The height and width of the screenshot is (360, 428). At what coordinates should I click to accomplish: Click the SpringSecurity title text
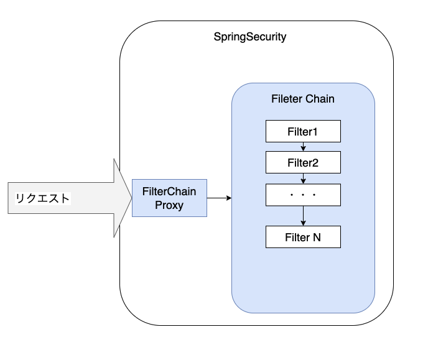250,37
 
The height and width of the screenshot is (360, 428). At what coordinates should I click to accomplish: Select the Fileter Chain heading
303,99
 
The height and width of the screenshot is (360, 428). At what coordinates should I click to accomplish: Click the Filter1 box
303,131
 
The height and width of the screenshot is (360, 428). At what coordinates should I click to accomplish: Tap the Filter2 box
303,163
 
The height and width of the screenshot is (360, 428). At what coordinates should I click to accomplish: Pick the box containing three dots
303,195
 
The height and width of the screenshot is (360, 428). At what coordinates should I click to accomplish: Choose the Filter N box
303,237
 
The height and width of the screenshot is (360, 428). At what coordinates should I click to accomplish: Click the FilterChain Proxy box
169,198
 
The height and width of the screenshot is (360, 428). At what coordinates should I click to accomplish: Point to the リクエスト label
42,198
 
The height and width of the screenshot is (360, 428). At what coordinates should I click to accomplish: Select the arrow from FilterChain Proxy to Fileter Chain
219,198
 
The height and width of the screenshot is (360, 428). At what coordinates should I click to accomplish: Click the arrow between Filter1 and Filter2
303,147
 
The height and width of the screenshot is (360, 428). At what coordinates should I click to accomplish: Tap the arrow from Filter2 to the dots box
303,178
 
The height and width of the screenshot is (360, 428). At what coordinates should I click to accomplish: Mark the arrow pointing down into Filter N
303,216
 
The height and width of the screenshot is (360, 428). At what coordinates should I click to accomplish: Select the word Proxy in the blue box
169,205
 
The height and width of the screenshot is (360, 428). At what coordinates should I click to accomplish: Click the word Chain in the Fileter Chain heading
320,99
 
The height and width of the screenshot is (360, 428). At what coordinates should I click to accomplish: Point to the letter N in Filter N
317,237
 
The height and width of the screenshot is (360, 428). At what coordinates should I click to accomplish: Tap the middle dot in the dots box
303,195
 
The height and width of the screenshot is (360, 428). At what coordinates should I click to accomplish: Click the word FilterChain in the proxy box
169,191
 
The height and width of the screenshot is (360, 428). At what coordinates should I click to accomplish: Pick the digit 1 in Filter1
315,131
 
